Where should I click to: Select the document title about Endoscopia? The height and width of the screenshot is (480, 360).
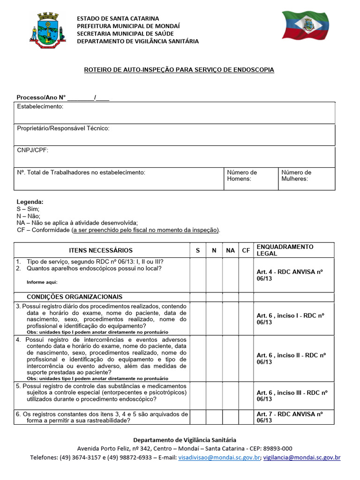pos(179,70)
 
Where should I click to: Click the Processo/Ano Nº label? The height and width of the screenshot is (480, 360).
pos(41,97)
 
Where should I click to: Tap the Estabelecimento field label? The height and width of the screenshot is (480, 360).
pos(40,106)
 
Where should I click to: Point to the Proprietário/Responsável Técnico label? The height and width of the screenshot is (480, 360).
pos(63,128)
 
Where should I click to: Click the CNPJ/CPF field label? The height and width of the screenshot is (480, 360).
pos(33,150)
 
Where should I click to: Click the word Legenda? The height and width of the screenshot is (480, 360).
pos(30,202)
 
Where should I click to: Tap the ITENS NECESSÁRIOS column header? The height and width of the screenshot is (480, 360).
pos(101,250)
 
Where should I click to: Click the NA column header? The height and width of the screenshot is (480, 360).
pos(230,250)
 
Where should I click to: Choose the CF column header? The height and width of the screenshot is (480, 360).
pos(246,250)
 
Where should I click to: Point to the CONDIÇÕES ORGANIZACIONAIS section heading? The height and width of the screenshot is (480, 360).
pos(75,297)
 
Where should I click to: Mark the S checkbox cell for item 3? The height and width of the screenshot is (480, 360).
pos(198,318)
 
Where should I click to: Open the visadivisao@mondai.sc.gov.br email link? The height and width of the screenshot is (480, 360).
pos(219,457)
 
